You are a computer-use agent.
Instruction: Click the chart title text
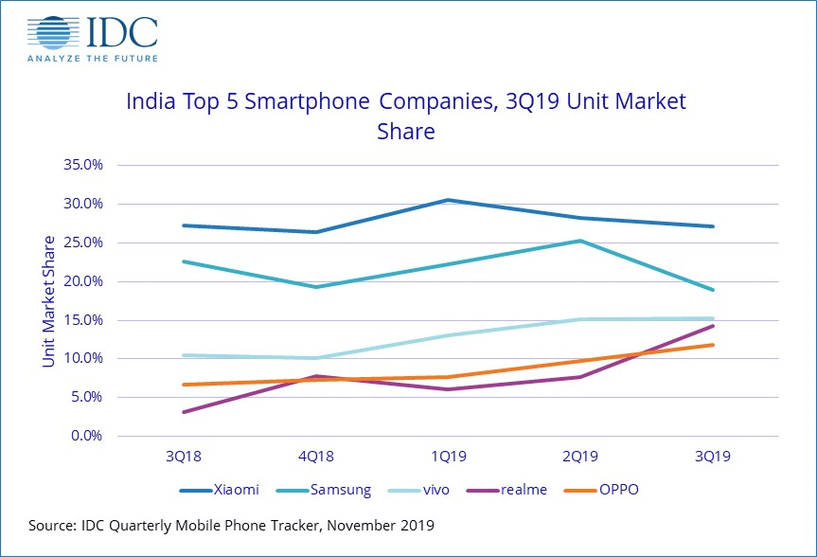(406, 116)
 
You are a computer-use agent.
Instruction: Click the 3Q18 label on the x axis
(182, 456)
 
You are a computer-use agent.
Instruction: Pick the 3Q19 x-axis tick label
(712, 456)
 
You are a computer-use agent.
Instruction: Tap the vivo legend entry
(417, 490)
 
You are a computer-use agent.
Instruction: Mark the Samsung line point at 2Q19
(579, 241)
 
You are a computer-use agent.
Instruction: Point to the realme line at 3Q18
(182, 412)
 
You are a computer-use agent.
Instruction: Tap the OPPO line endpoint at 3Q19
(712, 345)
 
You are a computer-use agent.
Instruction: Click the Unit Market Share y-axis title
(48, 300)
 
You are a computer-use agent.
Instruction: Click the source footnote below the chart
(232, 524)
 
